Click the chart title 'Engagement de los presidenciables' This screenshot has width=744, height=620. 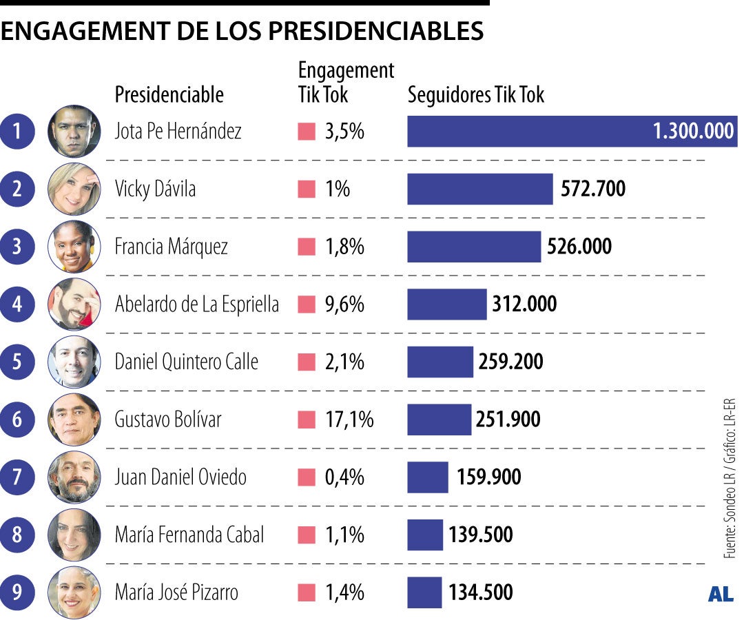(242, 31)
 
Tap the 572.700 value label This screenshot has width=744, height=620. (593, 189)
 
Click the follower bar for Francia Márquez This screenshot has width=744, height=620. (474, 247)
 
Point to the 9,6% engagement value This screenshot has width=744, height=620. (344, 304)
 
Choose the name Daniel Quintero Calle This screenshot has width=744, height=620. (186, 362)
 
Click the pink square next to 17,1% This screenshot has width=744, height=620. (307, 420)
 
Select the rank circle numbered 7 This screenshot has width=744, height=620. (17, 477)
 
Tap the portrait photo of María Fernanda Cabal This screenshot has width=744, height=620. (74, 535)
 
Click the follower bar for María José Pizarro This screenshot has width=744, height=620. (424, 592)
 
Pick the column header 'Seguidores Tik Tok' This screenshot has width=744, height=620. (476, 94)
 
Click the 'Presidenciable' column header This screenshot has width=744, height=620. (169, 94)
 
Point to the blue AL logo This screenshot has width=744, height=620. (720, 595)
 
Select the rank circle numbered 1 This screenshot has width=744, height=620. (17, 132)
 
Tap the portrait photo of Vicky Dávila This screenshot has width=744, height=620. (74, 189)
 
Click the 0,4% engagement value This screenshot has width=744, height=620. (344, 477)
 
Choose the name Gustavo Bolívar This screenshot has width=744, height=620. (168, 420)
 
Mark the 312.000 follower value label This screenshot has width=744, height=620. (524, 304)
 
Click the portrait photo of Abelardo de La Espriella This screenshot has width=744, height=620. (74, 304)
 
